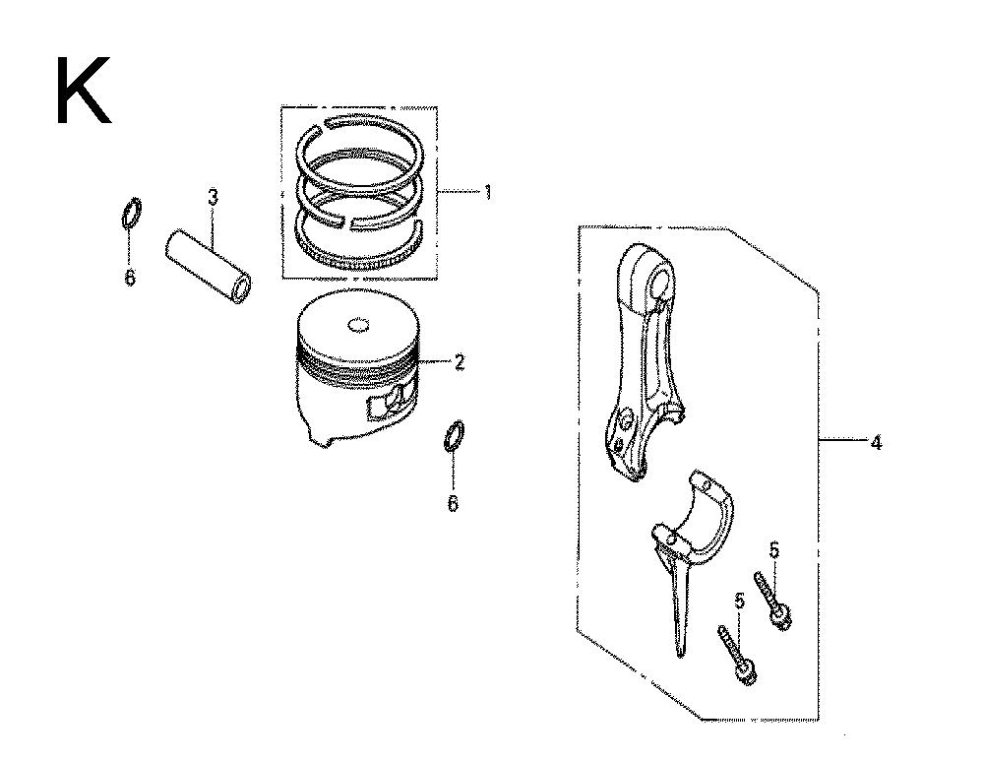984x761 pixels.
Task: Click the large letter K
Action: (x=84, y=91)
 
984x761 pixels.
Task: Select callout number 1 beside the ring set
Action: (x=487, y=192)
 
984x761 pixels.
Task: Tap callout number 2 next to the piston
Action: (x=460, y=362)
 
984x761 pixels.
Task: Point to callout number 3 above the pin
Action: (x=213, y=199)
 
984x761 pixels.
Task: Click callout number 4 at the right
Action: (x=876, y=443)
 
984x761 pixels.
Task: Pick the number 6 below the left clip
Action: (x=130, y=277)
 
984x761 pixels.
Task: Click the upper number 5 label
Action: (x=774, y=550)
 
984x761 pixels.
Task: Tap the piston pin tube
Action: (x=209, y=267)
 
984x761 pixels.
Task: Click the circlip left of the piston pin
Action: (x=131, y=214)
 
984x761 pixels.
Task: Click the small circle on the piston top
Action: (x=359, y=325)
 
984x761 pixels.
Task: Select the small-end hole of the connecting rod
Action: (x=659, y=283)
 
